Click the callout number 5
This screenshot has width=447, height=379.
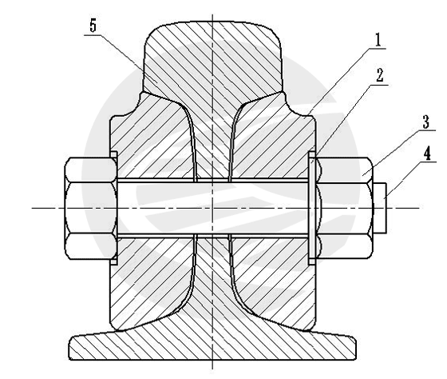point(93,26)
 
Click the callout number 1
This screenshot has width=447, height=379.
point(378,40)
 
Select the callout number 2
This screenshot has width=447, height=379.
point(380,75)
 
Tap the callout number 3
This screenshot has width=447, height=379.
point(425,122)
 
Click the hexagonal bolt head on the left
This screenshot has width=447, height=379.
point(91,208)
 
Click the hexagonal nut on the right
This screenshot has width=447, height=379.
point(344,208)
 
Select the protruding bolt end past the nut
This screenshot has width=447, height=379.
point(380,208)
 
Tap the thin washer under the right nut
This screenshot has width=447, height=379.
point(312,208)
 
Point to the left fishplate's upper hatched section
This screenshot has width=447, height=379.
point(151,137)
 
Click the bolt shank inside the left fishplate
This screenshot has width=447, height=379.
point(156,208)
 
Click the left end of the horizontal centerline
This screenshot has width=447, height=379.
point(31,208)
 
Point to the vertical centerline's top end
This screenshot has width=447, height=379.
point(212,14)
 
